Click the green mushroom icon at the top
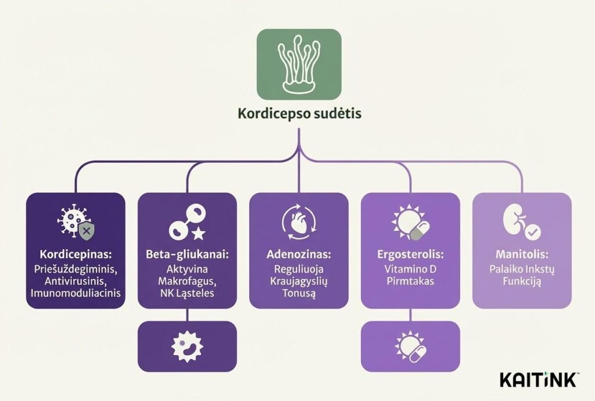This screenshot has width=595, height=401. click(299, 64)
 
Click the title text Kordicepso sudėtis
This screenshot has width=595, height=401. click(299, 113)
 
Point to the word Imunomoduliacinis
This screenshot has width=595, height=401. click(76, 293)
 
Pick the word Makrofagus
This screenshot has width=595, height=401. click(187, 281)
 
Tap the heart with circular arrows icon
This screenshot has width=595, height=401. click(299, 224)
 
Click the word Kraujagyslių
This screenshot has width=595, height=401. click(299, 281)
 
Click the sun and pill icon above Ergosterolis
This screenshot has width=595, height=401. click(410, 224)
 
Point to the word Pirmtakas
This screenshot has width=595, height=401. click(410, 281)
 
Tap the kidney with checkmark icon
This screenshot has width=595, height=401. click(521, 224)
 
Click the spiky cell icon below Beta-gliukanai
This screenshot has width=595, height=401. click(187, 346)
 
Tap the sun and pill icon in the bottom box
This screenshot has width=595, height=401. click(410, 346)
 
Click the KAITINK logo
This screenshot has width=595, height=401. click(538, 380)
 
